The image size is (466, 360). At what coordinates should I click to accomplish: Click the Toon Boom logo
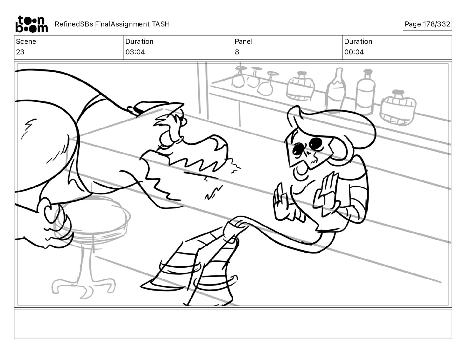(x=32, y=24)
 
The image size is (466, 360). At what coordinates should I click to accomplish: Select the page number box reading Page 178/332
(x=427, y=24)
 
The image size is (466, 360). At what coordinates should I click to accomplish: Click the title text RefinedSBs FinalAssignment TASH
(x=112, y=24)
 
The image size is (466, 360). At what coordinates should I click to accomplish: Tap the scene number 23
(x=20, y=52)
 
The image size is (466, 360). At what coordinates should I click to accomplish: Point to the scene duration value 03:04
(x=135, y=52)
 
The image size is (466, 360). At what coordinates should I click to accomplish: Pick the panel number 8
(x=237, y=52)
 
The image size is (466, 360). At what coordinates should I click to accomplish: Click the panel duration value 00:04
(x=354, y=52)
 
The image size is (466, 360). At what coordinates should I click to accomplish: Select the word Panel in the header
(x=244, y=41)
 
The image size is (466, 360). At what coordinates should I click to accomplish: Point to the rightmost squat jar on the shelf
(x=398, y=108)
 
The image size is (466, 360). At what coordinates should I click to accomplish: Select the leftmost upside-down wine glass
(x=239, y=77)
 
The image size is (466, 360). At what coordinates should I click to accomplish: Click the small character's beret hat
(x=331, y=125)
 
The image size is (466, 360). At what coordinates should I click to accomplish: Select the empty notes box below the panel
(x=233, y=324)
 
